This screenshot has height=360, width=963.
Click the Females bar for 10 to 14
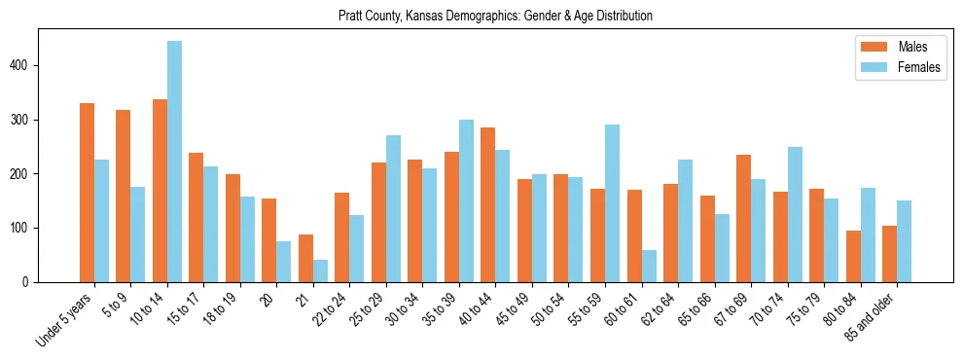coord(174,162)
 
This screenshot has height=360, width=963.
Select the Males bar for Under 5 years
coord(87,193)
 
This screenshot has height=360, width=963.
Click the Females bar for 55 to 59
coord(612,203)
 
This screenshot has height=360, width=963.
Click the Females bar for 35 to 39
coord(466,200)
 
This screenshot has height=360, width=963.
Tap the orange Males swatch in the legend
coord(870,47)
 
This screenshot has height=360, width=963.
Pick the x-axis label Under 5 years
coord(66,319)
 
